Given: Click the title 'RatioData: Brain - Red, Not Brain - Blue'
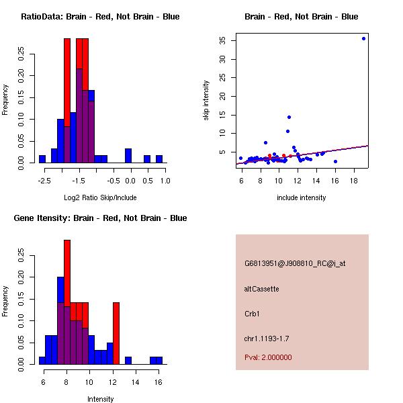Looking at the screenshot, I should pyautogui.click(x=100, y=16).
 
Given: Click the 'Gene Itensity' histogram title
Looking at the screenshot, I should pyautogui.click(x=100, y=218).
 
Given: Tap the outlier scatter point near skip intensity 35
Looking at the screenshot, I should pyautogui.click(x=363, y=38).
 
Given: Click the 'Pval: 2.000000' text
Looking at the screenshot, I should pyautogui.click(x=268, y=357).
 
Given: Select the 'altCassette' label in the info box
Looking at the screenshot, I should pyautogui.click(x=261, y=289).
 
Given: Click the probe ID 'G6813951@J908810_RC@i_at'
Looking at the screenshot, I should pyautogui.click(x=294, y=264).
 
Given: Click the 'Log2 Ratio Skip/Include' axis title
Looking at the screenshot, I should pyautogui.click(x=100, y=197).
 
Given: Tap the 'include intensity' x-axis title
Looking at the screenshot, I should pyautogui.click(x=302, y=197).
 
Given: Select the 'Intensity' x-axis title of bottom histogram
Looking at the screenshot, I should pyautogui.click(x=100, y=399).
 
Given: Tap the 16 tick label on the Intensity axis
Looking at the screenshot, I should pyautogui.click(x=159, y=383).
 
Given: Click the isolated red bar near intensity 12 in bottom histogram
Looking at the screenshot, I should pyautogui.click(x=116, y=333).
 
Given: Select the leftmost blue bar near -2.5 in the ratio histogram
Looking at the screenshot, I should pyautogui.click(x=42, y=159).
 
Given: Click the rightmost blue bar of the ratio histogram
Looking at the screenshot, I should pyautogui.click(x=159, y=159).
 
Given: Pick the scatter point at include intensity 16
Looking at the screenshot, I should pyautogui.click(x=335, y=161).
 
